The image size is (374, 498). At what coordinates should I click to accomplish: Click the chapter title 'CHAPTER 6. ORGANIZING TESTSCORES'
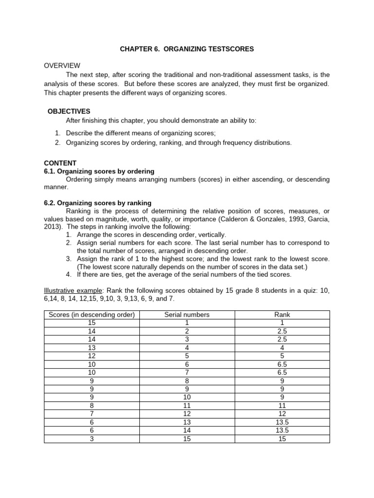click(x=187, y=49)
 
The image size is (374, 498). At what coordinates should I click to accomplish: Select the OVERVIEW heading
click(x=62, y=66)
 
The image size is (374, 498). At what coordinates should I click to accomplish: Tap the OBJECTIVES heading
click(x=69, y=111)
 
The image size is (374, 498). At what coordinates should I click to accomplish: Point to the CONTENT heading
click(x=60, y=163)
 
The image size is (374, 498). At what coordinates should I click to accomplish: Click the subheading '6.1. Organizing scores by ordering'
click(x=99, y=171)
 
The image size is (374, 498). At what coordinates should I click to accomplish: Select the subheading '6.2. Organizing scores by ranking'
click(x=97, y=203)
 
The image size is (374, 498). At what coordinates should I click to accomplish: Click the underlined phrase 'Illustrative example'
click(x=73, y=290)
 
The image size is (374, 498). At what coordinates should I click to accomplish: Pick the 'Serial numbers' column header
click(x=187, y=315)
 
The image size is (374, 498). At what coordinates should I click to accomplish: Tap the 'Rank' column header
click(x=282, y=315)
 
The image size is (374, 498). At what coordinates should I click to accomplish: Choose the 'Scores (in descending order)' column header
click(x=92, y=315)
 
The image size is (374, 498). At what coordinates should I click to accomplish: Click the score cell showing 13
click(x=92, y=348)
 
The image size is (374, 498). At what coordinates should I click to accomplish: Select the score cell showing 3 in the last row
click(x=92, y=439)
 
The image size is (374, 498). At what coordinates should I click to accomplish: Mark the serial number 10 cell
click(x=187, y=397)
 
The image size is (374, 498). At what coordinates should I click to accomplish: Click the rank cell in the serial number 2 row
click(x=282, y=331)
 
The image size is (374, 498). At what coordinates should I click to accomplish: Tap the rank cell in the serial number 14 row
click(x=282, y=430)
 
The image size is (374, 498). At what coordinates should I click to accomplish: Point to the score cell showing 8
click(x=92, y=406)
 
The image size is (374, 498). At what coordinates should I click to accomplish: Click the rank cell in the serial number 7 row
click(x=282, y=373)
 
